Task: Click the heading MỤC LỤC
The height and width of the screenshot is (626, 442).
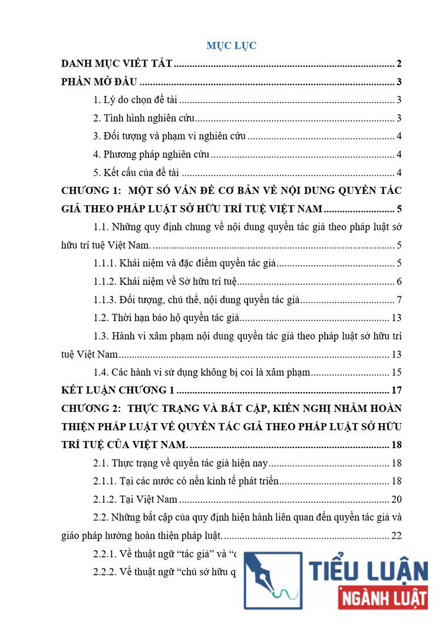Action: [231, 45]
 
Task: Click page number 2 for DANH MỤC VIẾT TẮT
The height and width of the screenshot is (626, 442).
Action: [399, 64]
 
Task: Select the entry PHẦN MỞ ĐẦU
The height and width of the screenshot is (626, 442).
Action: [99, 83]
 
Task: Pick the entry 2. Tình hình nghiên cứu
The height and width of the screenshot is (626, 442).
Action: [144, 119]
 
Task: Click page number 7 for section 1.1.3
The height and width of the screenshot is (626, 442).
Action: [399, 300]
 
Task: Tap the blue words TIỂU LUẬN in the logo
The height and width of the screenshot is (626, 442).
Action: [368, 571]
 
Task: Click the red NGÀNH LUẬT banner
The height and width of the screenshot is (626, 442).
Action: [383, 598]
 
